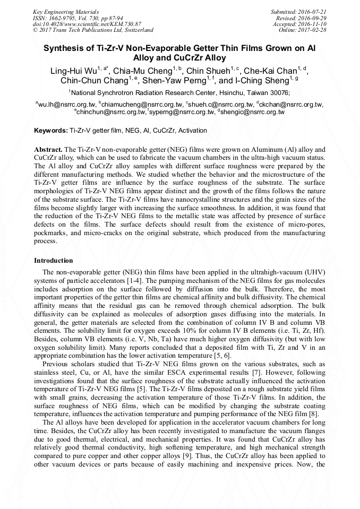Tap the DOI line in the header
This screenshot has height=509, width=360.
pyautogui.click(x=87, y=24)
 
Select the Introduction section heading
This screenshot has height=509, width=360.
pyautogui.click(x=54, y=261)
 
